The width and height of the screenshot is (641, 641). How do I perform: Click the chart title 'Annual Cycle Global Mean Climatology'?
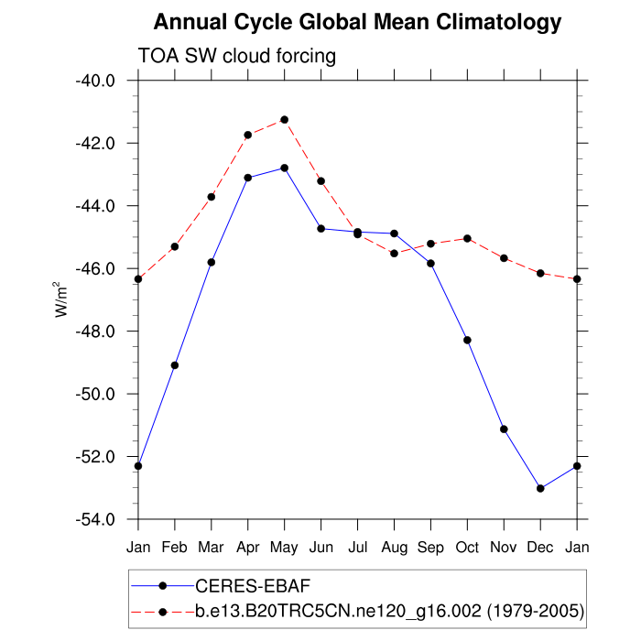coord(357,22)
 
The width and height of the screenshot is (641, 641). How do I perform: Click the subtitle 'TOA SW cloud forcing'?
coord(237,57)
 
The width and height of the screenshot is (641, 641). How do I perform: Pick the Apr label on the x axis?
coord(248,548)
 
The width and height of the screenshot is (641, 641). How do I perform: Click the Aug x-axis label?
coord(395,548)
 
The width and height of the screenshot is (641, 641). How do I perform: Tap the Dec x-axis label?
coord(540,548)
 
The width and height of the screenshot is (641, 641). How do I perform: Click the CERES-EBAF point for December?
coord(540,488)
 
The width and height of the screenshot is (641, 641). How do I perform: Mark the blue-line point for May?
coord(285,168)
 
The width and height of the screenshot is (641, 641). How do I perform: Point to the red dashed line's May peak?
coord(285,120)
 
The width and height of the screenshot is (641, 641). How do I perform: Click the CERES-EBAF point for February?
coord(175,365)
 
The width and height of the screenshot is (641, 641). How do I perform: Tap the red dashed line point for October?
coord(467,238)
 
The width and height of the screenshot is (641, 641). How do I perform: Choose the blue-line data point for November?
coord(504,429)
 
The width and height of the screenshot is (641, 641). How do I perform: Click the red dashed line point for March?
coord(212,197)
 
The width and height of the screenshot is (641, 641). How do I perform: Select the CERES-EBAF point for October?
coord(467,340)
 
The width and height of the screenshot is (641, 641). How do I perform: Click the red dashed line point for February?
coord(175,246)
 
